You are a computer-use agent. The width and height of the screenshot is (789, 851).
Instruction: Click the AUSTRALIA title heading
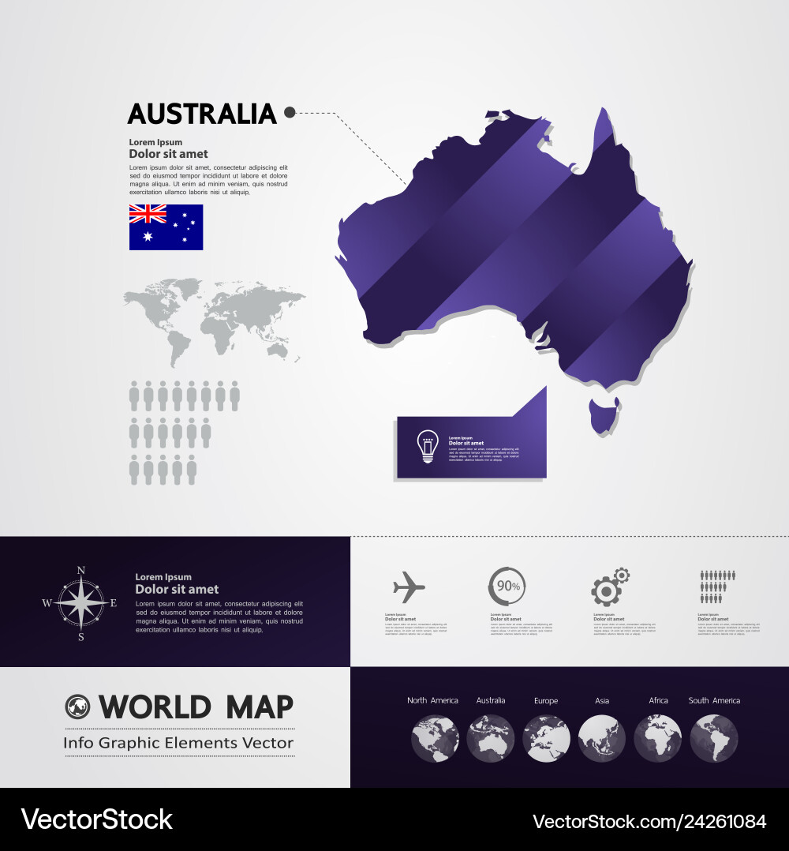pyautogui.click(x=202, y=114)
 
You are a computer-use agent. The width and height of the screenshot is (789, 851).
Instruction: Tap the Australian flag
pyautogui.click(x=166, y=227)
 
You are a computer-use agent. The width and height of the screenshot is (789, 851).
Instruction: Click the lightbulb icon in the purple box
pyautogui.click(x=427, y=447)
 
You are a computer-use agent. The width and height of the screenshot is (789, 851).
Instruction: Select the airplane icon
pyautogui.click(x=409, y=587)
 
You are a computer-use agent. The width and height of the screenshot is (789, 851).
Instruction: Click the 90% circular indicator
pyautogui.click(x=507, y=587)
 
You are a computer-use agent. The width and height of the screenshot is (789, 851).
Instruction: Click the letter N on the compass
pyautogui.click(x=80, y=571)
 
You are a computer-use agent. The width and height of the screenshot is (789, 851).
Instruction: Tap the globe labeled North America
pyautogui.click(x=435, y=739)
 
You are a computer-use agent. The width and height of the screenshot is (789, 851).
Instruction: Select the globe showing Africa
pyautogui.click(x=658, y=739)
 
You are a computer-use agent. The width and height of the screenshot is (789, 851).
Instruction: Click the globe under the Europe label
pyautogui.click(x=546, y=739)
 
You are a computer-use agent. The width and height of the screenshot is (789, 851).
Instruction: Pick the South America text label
pyautogui.click(x=714, y=700)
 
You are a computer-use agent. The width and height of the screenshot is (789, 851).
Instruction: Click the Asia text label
pyautogui.click(x=602, y=700)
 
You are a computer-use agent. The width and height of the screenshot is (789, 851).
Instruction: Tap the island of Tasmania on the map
pyautogui.click(x=604, y=416)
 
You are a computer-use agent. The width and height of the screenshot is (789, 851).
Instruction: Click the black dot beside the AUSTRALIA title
pyautogui.click(x=290, y=113)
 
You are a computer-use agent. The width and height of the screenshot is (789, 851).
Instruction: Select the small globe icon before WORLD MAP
pyautogui.click(x=77, y=706)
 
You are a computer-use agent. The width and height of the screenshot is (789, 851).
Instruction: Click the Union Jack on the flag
pyautogui.click(x=148, y=214)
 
